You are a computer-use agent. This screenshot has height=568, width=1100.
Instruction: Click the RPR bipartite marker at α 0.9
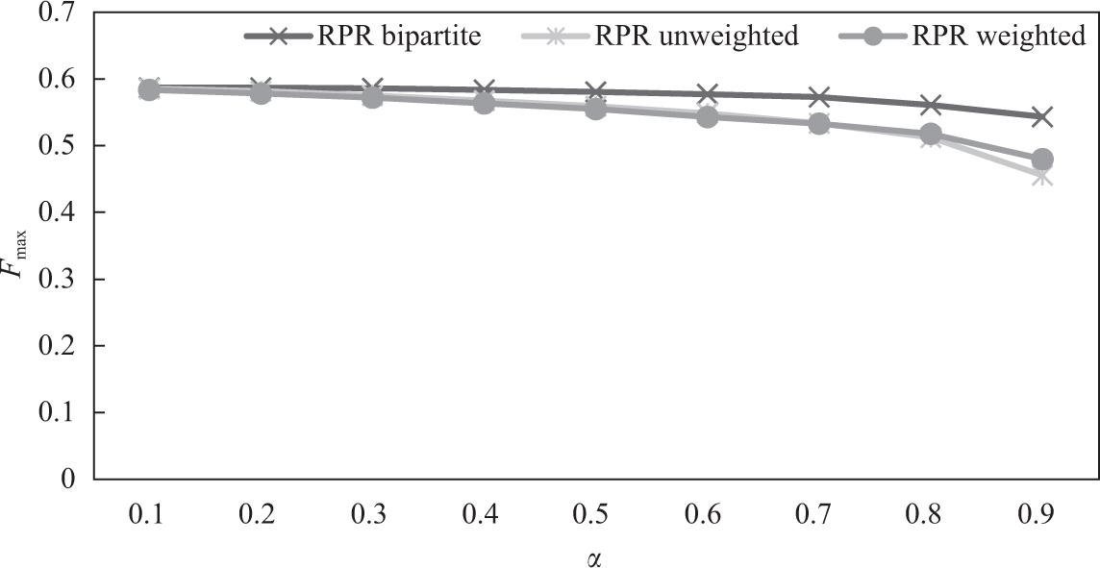(x=1042, y=116)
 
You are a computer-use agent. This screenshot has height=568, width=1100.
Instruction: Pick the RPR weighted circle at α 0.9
(x=1042, y=159)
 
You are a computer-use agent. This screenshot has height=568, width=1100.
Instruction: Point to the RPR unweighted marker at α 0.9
(x=1042, y=177)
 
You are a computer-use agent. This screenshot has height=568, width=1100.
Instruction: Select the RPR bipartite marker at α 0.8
(x=930, y=105)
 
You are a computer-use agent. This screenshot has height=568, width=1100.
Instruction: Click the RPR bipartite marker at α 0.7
(x=818, y=97)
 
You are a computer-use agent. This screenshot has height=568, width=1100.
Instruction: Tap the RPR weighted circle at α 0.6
(x=707, y=117)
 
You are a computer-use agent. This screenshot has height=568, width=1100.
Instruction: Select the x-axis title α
(x=591, y=556)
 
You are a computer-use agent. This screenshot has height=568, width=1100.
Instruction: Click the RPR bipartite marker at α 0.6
(x=707, y=94)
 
